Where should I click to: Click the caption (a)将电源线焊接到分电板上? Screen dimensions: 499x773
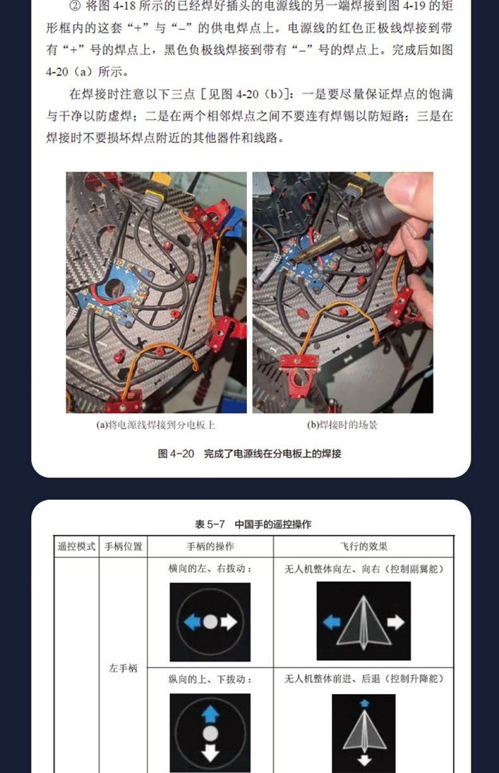[155, 425]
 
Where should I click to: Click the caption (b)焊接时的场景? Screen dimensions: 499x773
[342, 425]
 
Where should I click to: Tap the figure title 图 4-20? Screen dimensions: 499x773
[176, 453]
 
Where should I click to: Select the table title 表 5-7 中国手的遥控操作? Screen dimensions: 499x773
[253, 525]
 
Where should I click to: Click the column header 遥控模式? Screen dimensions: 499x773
[76, 546]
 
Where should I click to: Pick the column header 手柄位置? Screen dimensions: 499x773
[123, 546]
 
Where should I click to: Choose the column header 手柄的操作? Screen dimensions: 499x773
[210, 546]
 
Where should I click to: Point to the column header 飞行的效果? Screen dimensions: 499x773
[363, 546]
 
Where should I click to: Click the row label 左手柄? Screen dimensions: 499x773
[123, 668]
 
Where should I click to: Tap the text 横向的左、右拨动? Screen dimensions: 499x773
[207, 568]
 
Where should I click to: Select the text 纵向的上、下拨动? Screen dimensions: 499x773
[207, 679]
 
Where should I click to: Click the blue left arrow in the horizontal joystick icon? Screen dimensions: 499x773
[193, 622]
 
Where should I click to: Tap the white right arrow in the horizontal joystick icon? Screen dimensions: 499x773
[229, 622]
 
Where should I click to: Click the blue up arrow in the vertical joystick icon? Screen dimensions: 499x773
[210, 714]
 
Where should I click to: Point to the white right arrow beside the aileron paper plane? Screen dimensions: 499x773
[395, 622]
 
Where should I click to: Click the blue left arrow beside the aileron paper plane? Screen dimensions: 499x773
[332, 623]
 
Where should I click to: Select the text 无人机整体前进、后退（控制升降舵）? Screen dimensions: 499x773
[363, 679]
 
